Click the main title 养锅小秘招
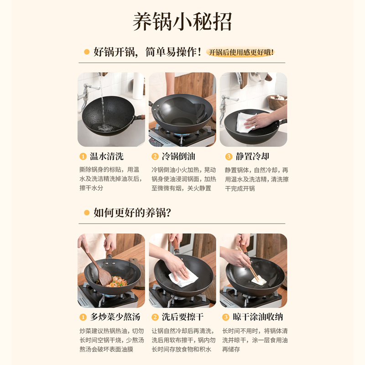point(182,21)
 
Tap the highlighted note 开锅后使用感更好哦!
point(241,52)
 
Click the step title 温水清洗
point(106,156)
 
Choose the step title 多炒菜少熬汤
point(115,317)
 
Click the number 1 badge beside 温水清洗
point(83,156)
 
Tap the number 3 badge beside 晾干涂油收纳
point(225,317)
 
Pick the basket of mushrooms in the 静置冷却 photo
point(277,101)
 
